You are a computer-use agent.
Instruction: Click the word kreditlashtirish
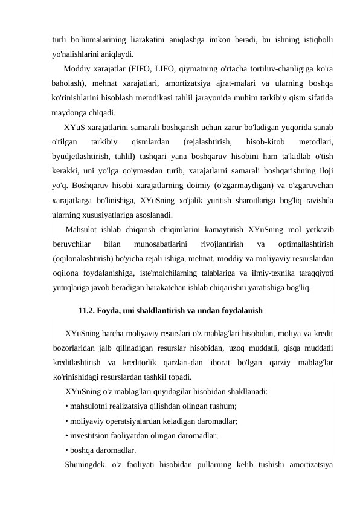tap(77, 363)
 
